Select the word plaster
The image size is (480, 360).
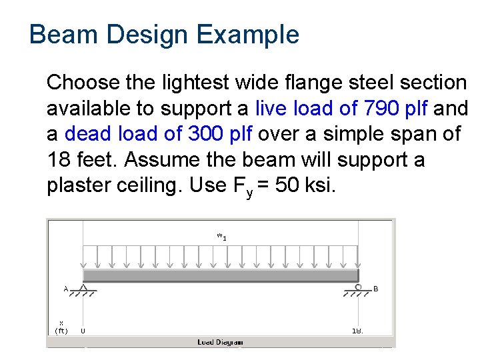[x=79, y=185]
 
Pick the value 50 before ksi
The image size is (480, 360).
[x=287, y=185]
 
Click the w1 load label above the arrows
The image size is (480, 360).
[x=221, y=235]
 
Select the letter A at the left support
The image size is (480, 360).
[x=65, y=289]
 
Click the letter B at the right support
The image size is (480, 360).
[x=376, y=289]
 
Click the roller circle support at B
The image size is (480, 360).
[x=359, y=287]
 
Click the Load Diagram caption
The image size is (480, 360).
[x=220, y=342]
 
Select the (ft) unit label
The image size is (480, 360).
[x=61, y=330]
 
